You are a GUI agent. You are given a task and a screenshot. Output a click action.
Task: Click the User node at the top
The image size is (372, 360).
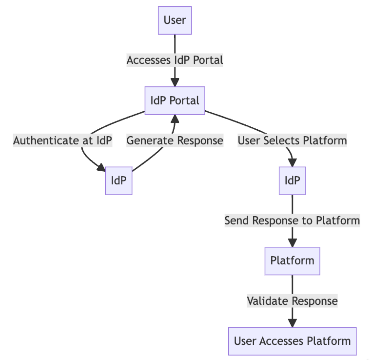coord(175,20)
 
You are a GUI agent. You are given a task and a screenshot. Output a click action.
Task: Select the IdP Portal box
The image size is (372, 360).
coord(175,100)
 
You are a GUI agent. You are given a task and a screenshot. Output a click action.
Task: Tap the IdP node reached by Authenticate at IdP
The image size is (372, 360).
coord(118,180)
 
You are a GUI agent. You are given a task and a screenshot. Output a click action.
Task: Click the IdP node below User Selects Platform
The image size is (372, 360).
coord(292,180)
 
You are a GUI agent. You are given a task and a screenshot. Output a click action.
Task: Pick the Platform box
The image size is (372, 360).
coord(292,260)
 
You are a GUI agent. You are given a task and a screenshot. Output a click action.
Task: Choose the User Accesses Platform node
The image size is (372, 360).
coord(292,340)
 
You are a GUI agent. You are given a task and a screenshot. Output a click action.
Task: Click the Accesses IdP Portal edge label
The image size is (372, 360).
coord(175,60)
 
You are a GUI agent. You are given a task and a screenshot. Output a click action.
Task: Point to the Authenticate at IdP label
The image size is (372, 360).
coord(63,140)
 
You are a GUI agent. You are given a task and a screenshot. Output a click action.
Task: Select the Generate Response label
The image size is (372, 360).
coord(175,140)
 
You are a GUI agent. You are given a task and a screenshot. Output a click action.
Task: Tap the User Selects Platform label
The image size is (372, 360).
coord(292,140)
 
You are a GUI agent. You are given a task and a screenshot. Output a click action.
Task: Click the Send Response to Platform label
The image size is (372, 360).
coord(292,220)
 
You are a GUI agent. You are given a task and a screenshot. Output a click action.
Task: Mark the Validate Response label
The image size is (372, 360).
coord(292,300)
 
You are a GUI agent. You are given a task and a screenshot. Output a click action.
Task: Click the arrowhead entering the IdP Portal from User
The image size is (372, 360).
coord(175,82)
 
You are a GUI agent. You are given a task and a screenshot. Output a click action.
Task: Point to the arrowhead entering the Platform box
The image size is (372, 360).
coord(292,242)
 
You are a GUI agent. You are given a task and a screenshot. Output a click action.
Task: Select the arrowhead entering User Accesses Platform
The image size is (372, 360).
coord(292,322)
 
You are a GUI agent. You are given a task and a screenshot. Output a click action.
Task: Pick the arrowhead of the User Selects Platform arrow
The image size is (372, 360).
coord(292,162)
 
